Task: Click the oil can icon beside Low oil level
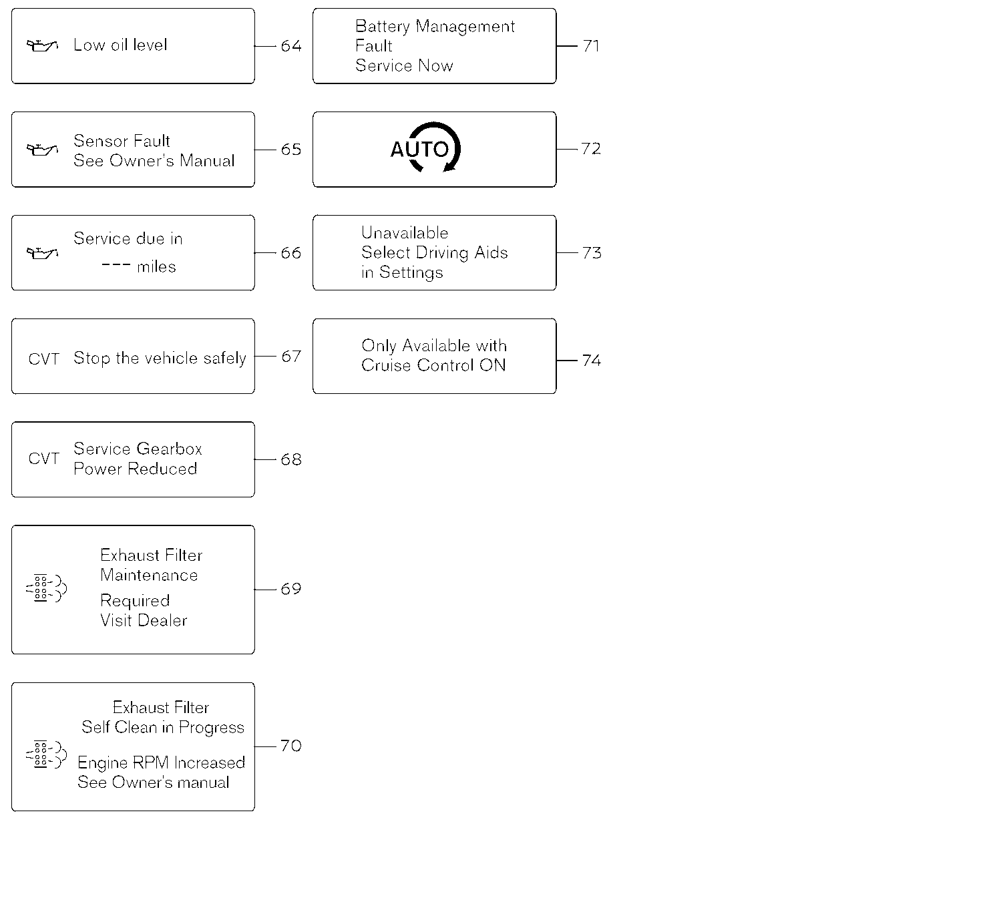[42, 45]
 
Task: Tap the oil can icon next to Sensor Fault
[42, 149]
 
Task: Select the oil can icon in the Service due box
[42, 253]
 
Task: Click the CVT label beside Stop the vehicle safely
[43, 359]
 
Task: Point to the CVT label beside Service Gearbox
[43, 459]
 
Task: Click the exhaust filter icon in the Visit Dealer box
[46, 588]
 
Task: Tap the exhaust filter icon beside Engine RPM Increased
[46, 754]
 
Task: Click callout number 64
[291, 46]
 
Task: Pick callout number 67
[291, 357]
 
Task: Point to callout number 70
[291, 746]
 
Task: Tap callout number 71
[591, 46]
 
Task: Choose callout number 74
[592, 361]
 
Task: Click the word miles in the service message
[156, 267]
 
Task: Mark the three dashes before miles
[116, 265]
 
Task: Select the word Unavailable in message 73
[405, 232]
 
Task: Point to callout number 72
[591, 148]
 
